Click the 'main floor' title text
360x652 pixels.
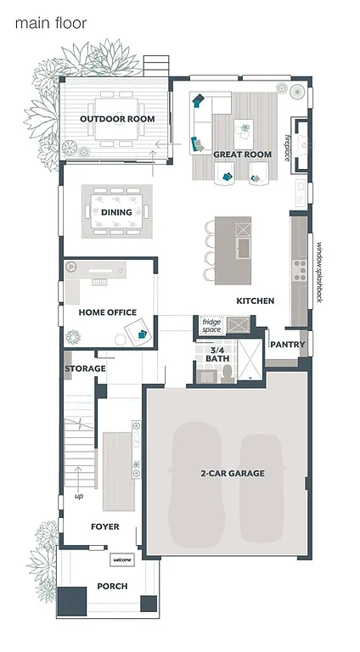[51, 24]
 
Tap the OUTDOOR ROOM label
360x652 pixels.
[117, 119]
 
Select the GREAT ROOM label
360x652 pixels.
[242, 155]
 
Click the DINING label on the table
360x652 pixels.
[117, 212]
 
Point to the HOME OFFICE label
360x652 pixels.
[108, 312]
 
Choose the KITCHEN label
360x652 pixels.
[255, 301]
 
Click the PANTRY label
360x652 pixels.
[287, 345]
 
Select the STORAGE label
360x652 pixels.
[85, 368]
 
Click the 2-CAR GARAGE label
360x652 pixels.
[233, 473]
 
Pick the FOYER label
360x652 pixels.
[105, 527]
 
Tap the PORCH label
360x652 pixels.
[111, 587]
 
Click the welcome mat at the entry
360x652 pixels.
[121, 559]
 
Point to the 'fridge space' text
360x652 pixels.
[211, 326]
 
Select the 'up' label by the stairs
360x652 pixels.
[80, 496]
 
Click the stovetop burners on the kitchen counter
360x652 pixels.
[299, 270]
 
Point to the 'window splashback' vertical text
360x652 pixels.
[320, 273]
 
